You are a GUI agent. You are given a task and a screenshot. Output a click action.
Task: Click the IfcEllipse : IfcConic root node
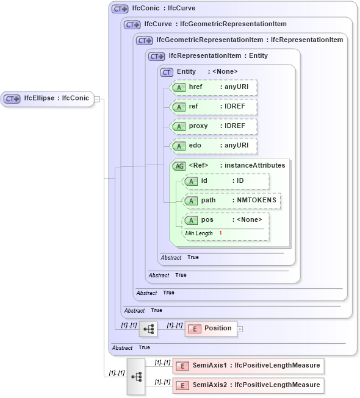click(48, 99)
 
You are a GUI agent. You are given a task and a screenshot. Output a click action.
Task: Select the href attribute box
click(214, 88)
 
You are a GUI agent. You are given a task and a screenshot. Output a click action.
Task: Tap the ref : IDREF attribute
click(214, 107)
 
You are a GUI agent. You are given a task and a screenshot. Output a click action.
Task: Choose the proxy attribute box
click(214, 127)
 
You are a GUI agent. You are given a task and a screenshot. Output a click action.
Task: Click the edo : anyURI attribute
click(214, 146)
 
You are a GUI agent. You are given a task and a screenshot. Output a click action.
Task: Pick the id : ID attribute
click(226, 182)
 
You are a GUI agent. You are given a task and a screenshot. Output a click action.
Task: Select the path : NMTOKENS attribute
click(232, 201)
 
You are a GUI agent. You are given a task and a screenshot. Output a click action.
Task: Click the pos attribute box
click(226, 221)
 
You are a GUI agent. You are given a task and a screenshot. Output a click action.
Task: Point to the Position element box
click(211, 329)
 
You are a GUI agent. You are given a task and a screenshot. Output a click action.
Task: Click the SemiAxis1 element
click(247, 366)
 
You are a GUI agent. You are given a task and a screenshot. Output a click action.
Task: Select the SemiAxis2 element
click(247, 385)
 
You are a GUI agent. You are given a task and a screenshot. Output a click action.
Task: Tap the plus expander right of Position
click(240, 329)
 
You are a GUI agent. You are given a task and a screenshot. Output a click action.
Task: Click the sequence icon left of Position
click(148, 329)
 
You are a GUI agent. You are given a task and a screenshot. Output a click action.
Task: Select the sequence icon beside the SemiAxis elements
click(136, 377)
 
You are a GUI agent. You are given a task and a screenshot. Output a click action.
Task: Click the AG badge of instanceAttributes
click(179, 166)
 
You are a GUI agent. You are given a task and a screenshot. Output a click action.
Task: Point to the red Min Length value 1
click(220, 233)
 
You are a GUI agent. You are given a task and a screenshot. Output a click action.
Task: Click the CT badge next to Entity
click(167, 73)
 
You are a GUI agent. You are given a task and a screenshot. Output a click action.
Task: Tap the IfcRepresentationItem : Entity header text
click(218, 56)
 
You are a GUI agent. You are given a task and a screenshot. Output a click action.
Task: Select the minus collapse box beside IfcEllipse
click(98, 99)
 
